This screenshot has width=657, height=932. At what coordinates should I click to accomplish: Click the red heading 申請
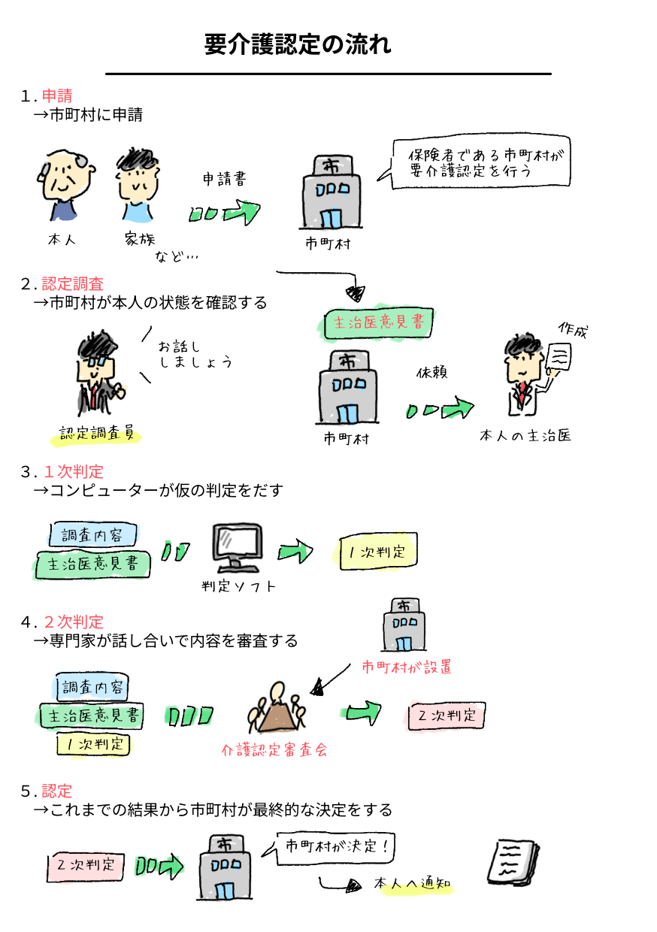(x=57, y=96)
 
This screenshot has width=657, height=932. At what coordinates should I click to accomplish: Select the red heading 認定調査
(x=73, y=284)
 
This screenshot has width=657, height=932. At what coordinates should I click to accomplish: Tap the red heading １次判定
(x=74, y=472)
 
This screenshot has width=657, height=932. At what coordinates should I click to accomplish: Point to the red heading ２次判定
(x=74, y=622)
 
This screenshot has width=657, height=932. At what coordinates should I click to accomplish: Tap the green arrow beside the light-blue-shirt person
(x=224, y=213)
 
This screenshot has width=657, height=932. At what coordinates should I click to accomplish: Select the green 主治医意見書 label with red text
(x=380, y=323)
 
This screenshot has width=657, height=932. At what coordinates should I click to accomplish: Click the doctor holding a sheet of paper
(x=526, y=376)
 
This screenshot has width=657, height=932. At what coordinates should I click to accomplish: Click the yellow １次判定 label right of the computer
(x=374, y=552)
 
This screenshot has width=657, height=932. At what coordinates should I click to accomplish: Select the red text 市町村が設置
(x=406, y=667)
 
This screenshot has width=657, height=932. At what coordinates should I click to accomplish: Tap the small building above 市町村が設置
(x=404, y=625)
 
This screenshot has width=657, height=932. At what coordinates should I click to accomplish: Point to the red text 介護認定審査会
(x=274, y=750)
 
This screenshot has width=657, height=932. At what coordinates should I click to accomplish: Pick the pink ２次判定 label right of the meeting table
(x=445, y=716)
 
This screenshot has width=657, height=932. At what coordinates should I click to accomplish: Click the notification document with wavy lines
(x=513, y=861)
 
